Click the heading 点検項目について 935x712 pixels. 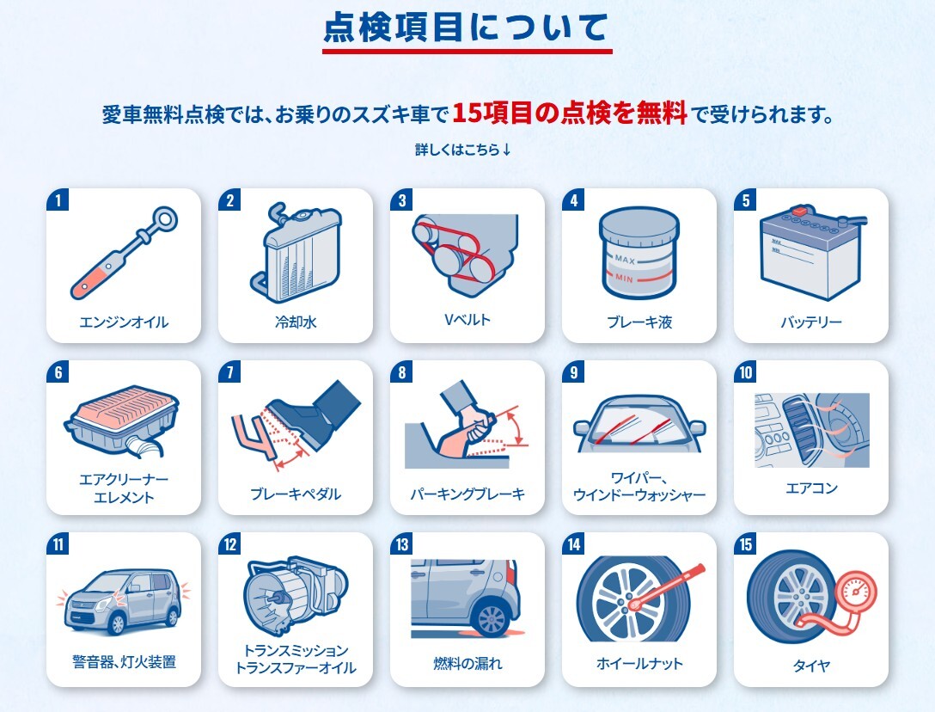coord(467,28)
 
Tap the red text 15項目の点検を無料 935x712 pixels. coord(570,113)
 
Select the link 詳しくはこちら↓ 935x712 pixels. coord(463,150)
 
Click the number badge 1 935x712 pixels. coord(58,200)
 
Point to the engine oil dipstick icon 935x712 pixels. coord(124,253)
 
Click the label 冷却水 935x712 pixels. coord(296,322)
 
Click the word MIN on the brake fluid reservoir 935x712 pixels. coord(624,278)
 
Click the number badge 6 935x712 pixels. coord(58,372)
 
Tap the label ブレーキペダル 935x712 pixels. coord(296,494)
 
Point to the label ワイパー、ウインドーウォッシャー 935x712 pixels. coord(639,486)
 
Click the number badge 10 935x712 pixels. coord(745,372)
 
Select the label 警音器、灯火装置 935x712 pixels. coord(124,662)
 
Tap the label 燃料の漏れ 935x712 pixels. coord(467,663)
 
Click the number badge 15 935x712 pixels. coord(745,544)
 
